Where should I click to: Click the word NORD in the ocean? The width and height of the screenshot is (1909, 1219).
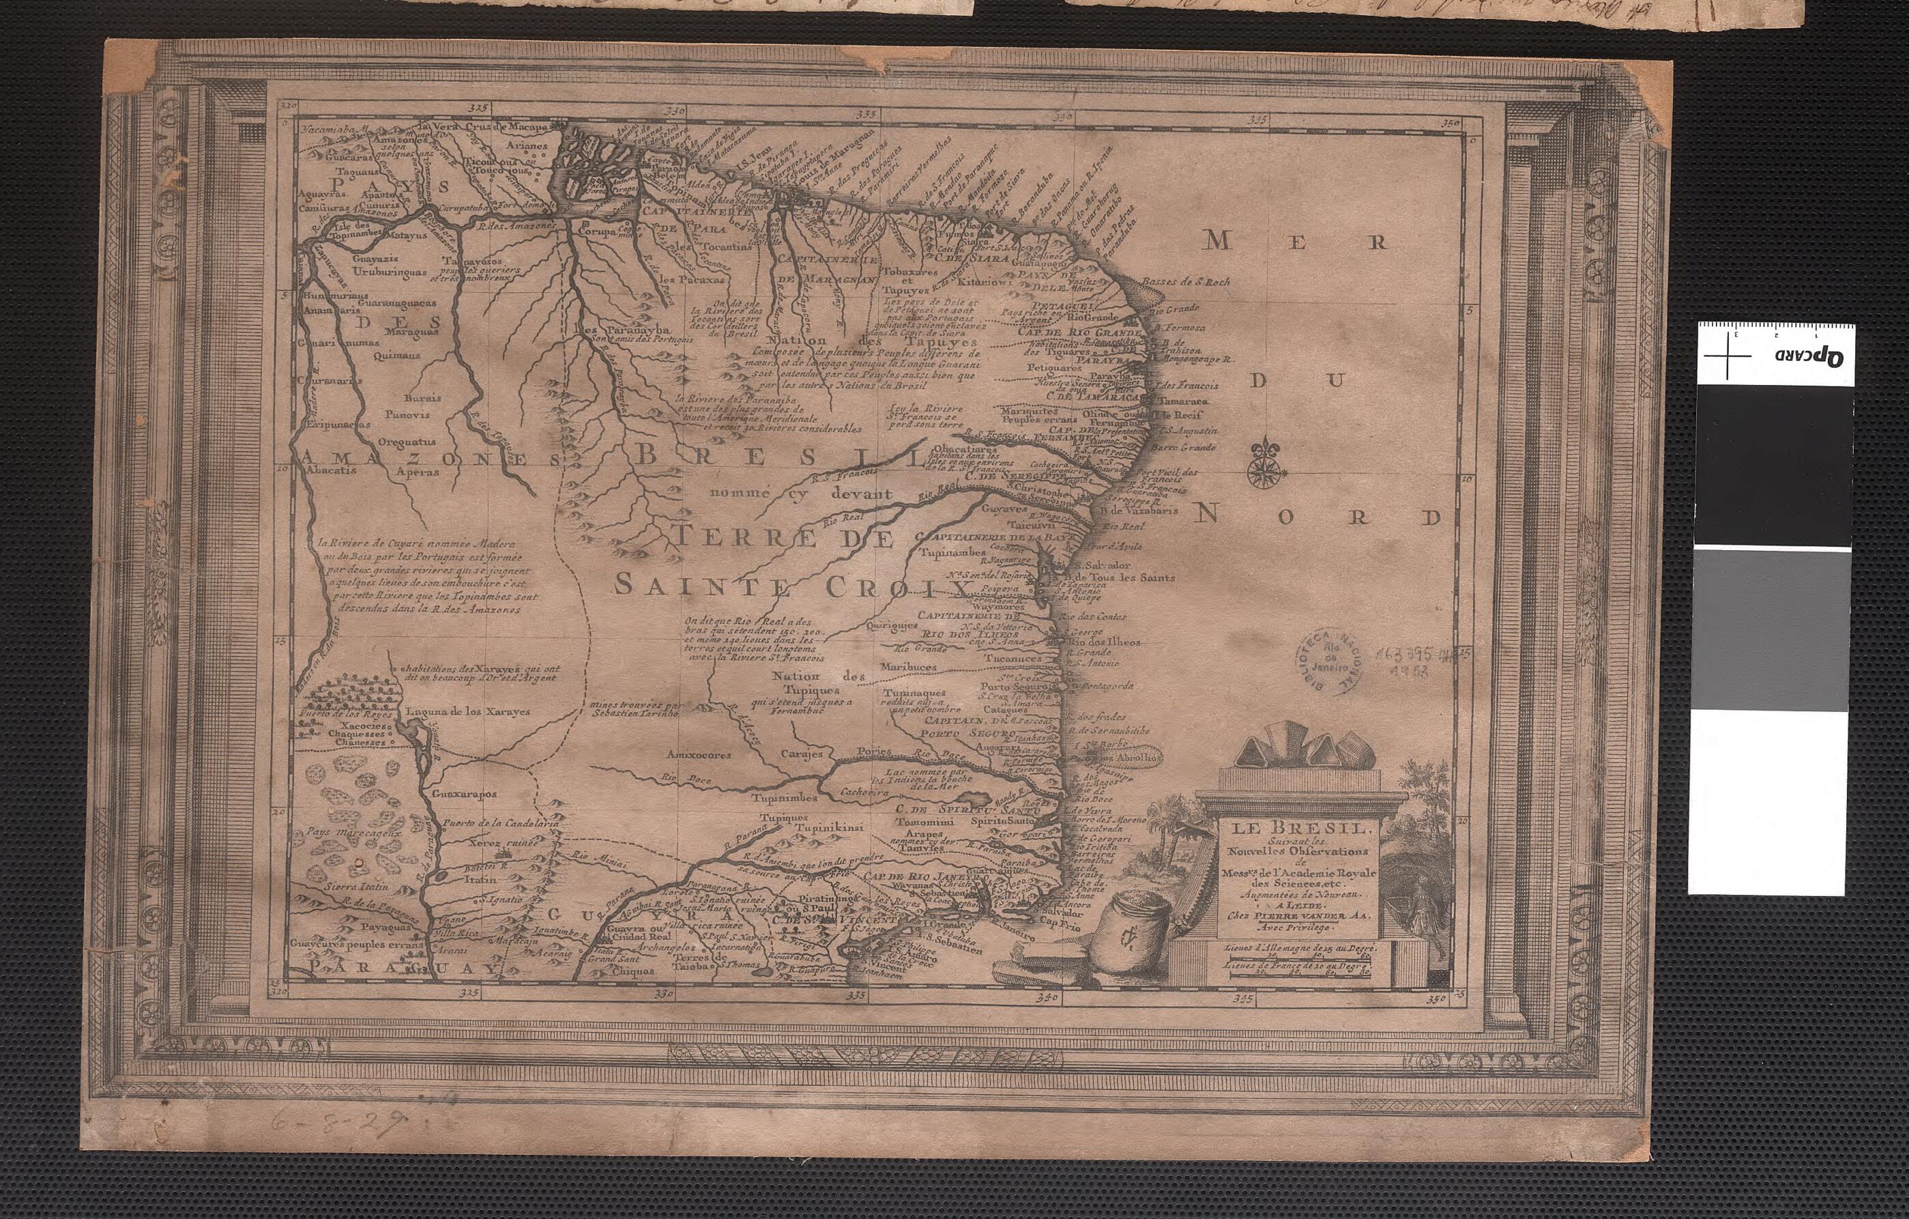coord(1316,517)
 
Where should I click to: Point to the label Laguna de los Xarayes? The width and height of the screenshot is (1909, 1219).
coord(468,711)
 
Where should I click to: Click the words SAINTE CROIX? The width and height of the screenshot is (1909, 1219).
coord(793,587)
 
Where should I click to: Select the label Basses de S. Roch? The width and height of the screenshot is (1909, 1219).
coord(1186,282)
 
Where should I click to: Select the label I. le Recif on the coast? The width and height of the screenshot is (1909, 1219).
coord(1179,415)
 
